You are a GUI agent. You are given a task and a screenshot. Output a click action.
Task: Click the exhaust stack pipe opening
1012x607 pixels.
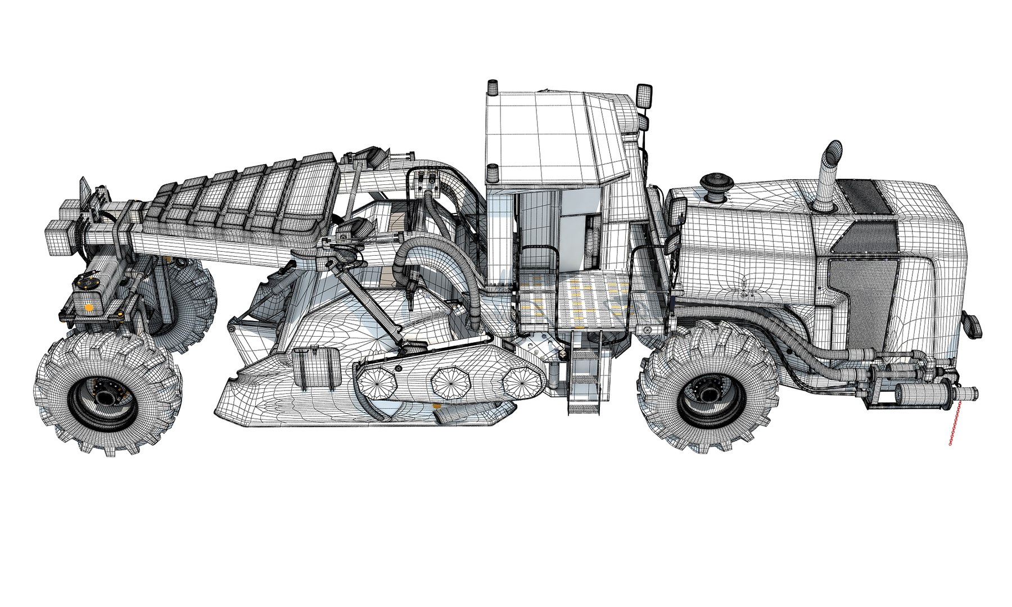click(x=833, y=151)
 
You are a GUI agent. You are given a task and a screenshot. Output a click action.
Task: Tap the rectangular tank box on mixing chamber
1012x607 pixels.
click(x=315, y=368)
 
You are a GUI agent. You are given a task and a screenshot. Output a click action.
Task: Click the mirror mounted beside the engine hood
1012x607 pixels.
click(x=676, y=212)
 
